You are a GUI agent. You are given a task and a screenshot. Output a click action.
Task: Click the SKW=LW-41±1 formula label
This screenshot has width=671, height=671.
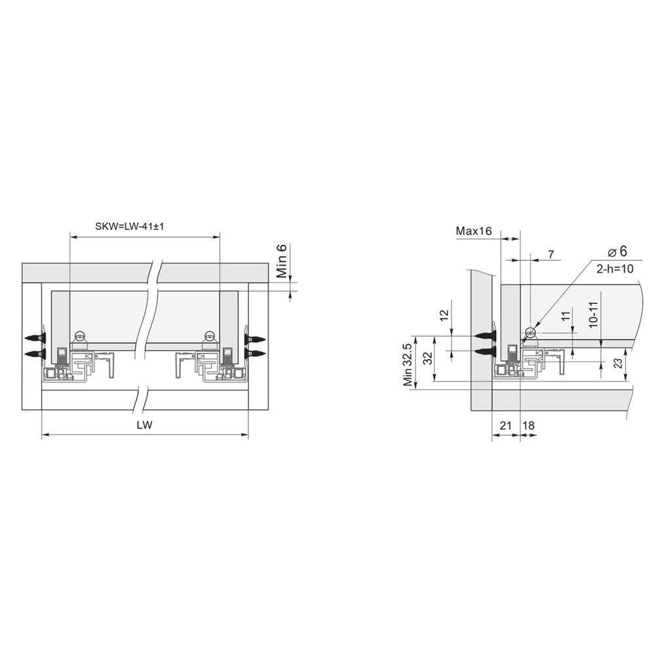click(130, 226)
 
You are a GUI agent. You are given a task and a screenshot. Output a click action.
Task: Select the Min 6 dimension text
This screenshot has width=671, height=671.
click(282, 261)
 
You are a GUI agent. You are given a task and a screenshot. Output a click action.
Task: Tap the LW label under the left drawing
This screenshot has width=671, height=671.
click(145, 425)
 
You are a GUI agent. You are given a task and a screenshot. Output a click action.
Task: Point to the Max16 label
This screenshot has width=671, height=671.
click(474, 231)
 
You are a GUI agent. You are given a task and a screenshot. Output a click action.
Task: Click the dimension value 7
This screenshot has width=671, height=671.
click(551, 254)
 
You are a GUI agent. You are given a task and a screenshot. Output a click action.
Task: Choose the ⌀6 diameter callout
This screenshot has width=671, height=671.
click(617, 251)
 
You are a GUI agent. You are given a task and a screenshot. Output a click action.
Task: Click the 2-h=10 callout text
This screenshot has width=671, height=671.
click(615, 269)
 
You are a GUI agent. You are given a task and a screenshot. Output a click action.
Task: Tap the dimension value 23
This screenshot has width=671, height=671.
click(618, 363)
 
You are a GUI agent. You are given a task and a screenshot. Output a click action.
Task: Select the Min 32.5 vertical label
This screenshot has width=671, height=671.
click(408, 364)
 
